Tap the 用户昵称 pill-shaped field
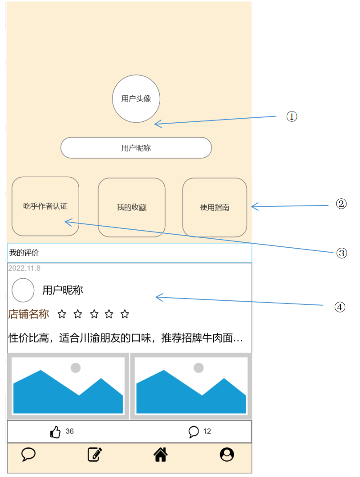point(136,148)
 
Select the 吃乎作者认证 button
point(45,206)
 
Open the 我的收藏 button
point(131,207)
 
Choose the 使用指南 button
point(214,207)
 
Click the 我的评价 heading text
point(24,253)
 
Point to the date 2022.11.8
point(24,268)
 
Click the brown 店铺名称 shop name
point(28,314)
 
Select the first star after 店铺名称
point(62,314)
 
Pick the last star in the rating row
point(125,314)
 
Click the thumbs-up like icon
point(55,432)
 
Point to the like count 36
point(69,432)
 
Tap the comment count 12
point(207,432)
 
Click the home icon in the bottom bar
point(161,455)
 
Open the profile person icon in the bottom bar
point(227,455)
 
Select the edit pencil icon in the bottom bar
point(94,455)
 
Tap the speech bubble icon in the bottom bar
point(28,455)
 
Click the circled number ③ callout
point(342,253)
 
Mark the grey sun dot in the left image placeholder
point(76,368)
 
